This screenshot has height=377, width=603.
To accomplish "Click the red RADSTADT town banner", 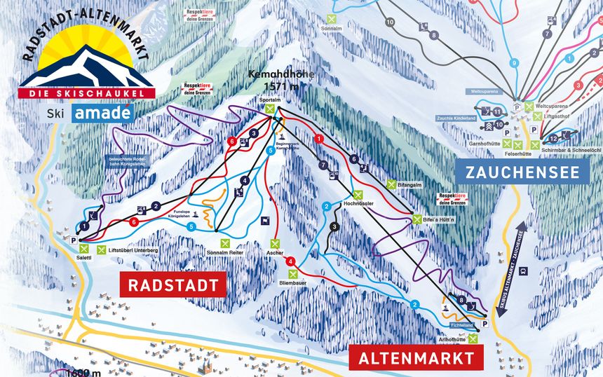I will point(173,285).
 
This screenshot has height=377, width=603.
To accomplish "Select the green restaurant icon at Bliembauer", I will point(293,273).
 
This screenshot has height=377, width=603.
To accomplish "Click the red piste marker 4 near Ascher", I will point(290,261).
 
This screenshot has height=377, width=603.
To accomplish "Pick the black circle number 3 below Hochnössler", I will point(335,226).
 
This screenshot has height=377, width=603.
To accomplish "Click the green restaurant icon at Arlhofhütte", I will point(474,339).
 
